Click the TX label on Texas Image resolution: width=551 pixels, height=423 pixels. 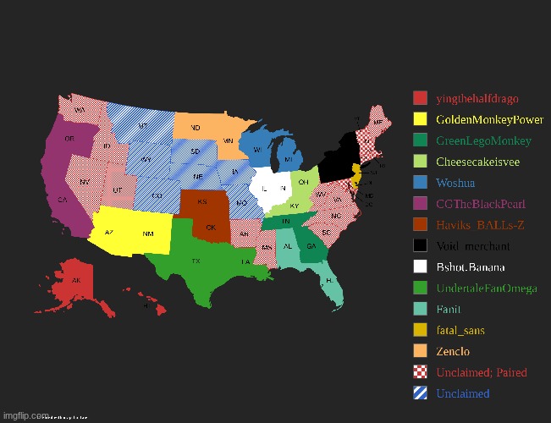coord(196,261)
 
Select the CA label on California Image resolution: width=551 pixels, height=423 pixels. coord(63,201)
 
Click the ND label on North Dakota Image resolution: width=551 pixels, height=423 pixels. coord(196,128)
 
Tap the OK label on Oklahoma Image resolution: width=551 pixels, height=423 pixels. coord(212,228)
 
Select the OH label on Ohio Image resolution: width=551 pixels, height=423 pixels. coord(303,180)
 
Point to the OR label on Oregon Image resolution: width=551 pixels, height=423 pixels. coord(69,138)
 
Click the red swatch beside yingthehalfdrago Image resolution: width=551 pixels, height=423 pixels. coord(420,98)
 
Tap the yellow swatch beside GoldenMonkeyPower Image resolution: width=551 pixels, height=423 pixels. coord(420,119)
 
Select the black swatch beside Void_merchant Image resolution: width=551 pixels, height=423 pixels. coord(420,245)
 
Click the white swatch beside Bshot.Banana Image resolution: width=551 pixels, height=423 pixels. coord(420,266)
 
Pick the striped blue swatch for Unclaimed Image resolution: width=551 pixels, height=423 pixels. coord(420,393)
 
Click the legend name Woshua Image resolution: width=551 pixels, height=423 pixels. coord(455,183)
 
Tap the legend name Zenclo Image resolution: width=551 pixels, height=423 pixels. coord(453,351)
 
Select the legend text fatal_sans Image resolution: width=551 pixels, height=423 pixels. coord(460,330)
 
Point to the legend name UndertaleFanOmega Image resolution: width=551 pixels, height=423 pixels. coord(486,288)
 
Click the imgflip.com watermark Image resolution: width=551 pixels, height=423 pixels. coord(25,416)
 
